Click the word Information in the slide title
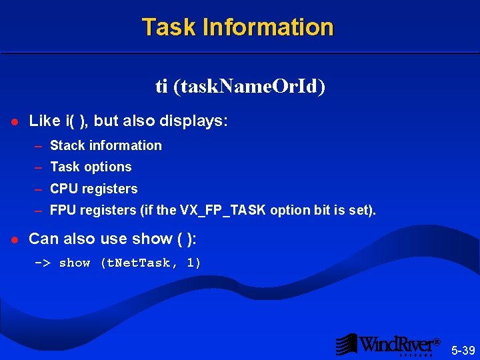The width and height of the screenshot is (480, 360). coord(268,27)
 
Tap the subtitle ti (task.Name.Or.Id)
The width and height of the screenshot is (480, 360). coord(240,87)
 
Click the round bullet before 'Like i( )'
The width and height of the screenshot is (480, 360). coord(13,122)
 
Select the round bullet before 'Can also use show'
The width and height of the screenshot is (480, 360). coord(13,239)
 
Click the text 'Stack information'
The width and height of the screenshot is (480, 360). coord(106,145)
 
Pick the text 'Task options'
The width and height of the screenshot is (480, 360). coord(91,167)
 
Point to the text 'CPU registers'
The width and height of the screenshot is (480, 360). coord(94,189)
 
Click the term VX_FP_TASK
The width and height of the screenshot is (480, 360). coord(222,211)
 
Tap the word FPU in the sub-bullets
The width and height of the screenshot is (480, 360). coord(63,211)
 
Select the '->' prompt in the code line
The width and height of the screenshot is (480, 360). coord(43,263)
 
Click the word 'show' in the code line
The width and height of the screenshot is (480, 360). coord(75,263)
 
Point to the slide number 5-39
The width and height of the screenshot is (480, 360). coord(463,351)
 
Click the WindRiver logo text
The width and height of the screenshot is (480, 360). coord(398,344)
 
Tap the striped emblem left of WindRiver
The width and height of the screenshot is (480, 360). coord(347,344)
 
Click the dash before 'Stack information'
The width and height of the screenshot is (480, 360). coord(39,146)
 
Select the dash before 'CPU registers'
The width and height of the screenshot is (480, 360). coord(39,189)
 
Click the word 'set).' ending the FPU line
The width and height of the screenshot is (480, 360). coord(361,211)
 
